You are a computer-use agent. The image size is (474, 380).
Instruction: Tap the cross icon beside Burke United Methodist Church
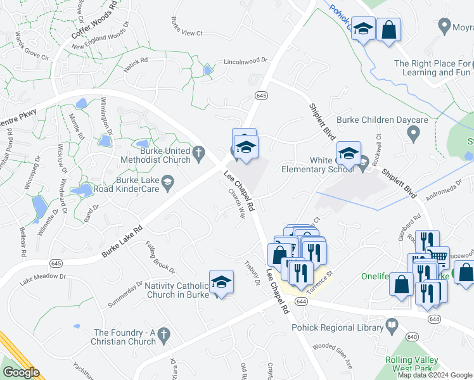click(198, 152)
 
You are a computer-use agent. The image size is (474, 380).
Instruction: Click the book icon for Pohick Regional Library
click(392, 326)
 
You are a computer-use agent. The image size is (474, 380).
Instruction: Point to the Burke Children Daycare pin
click(414, 134)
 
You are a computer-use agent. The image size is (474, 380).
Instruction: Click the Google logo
click(21, 372)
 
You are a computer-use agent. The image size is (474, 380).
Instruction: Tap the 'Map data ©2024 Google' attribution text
click(435, 375)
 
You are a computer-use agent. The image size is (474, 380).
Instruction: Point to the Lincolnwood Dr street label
click(246, 62)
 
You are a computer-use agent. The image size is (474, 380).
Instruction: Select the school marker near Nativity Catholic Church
click(222, 281)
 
